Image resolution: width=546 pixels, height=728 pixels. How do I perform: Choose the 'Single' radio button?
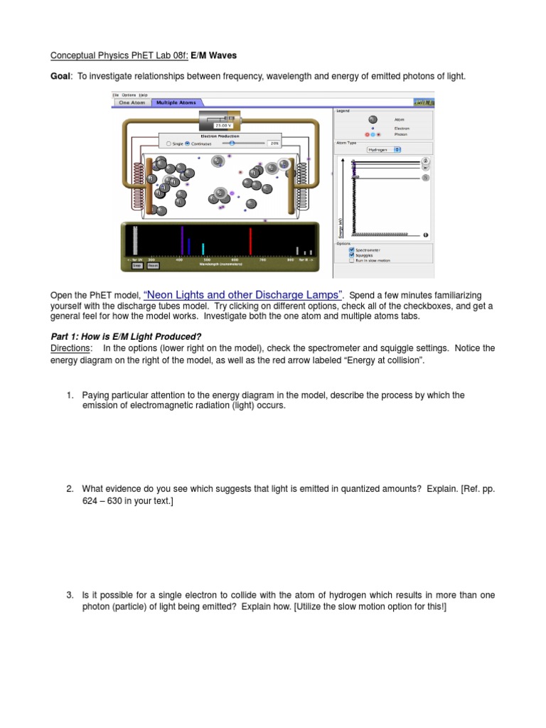(168, 143)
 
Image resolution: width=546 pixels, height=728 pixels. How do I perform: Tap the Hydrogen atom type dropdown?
(384, 150)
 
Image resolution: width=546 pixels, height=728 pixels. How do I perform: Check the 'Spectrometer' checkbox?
(352, 250)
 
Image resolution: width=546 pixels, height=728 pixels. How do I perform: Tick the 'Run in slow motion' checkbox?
(352, 260)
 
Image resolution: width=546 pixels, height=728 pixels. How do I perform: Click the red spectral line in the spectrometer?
(250, 240)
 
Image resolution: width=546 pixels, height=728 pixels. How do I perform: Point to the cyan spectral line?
(203, 248)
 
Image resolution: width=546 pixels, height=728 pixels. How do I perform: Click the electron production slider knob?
(232, 143)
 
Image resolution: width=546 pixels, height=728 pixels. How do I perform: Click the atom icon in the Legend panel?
(373, 119)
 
